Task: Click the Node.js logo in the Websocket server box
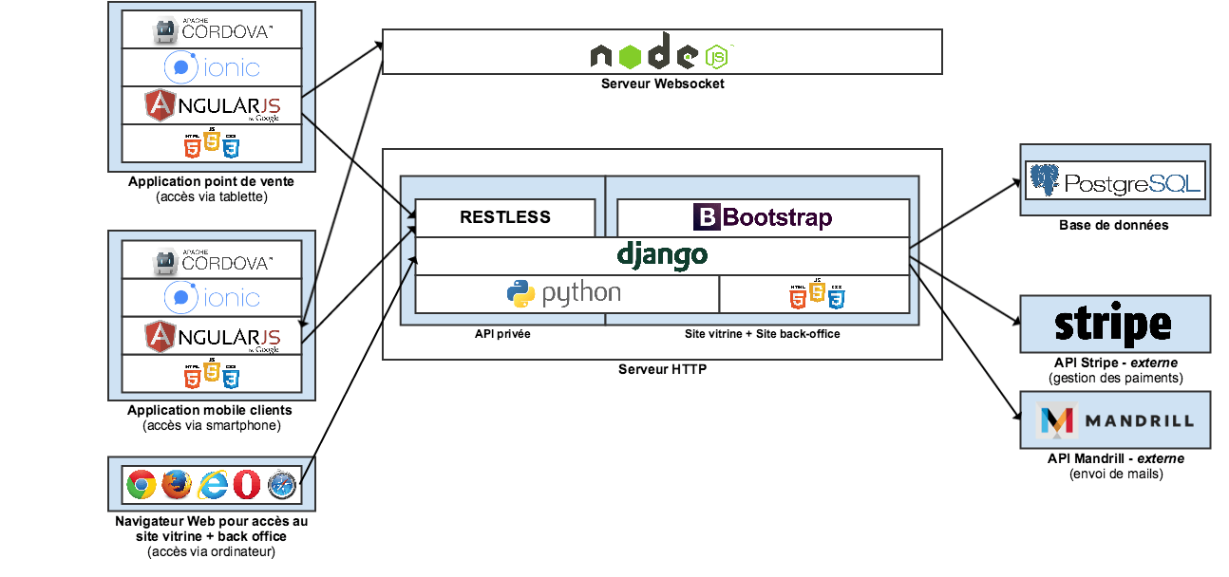(662, 52)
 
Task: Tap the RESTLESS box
(505, 217)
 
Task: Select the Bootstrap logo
(763, 217)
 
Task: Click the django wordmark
(662, 255)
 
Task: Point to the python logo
(564, 293)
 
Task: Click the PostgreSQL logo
(1115, 180)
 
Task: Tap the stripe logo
(1113, 325)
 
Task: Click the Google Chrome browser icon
(141, 485)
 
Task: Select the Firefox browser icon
(176, 485)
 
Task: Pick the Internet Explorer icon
(212, 485)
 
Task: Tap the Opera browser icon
(247, 485)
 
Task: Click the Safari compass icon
(282, 485)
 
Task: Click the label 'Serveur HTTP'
(662, 369)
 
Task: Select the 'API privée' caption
(502, 334)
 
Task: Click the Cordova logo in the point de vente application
(213, 30)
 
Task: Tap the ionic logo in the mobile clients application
(212, 298)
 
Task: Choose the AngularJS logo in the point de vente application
(213, 105)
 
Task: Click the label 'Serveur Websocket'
(662, 84)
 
